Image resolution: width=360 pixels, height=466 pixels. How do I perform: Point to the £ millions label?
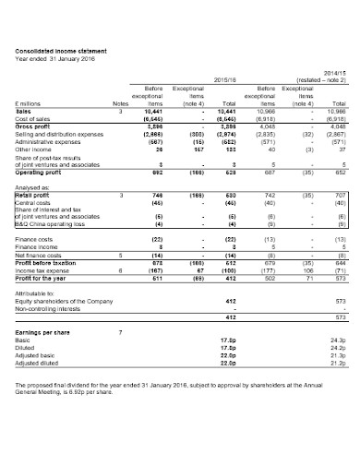click(x=29, y=104)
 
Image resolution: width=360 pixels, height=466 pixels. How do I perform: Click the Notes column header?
click(x=121, y=104)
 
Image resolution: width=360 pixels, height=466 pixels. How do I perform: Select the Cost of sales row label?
click(x=33, y=119)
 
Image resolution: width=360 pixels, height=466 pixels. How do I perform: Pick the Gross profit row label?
click(x=34, y=126)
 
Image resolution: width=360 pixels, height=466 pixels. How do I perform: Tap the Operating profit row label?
click(x=42, y=173)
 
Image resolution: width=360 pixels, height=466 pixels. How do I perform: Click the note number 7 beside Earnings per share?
click(x=121, y=330)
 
